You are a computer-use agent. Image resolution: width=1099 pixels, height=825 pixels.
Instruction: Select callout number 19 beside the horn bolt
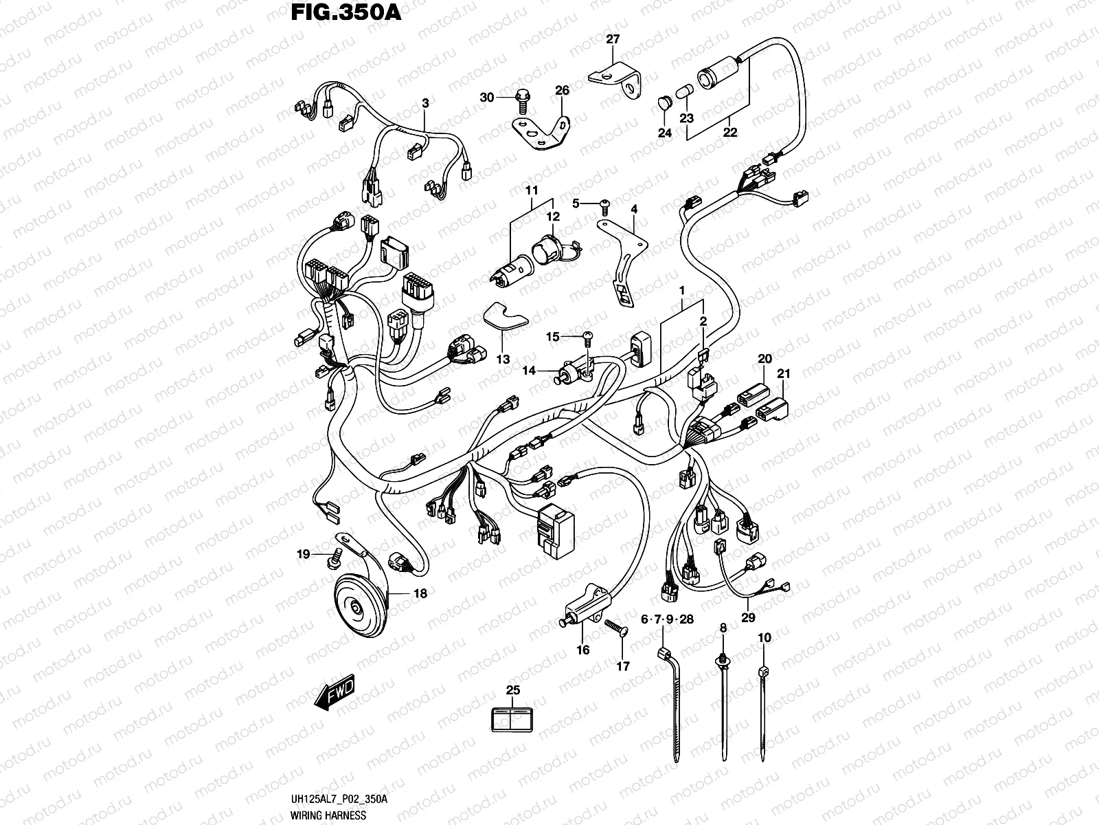point(304,554)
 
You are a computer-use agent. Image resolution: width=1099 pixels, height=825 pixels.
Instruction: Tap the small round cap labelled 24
point(663,102)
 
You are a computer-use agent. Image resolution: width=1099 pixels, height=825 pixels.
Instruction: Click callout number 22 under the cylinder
point(729,132)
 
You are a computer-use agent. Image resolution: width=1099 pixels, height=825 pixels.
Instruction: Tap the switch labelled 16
point(581,606)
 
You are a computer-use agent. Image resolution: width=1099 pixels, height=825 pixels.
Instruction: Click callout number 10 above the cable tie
point(764,637)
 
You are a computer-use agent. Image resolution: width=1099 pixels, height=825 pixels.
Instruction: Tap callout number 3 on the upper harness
point(425,103)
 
